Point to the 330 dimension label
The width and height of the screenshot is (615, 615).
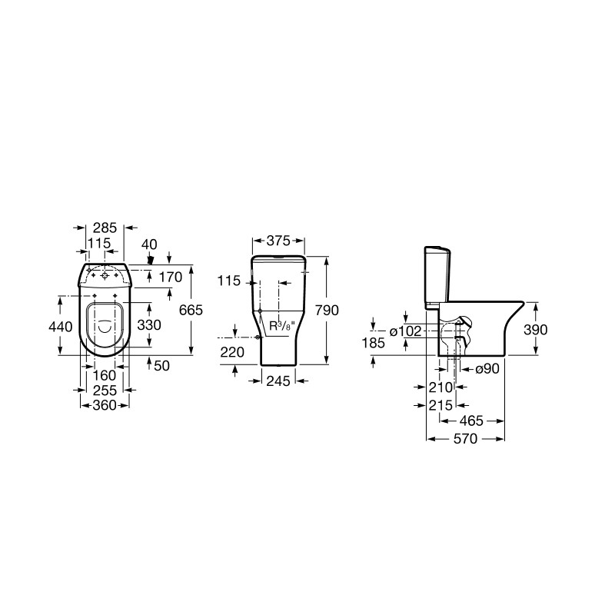pos(148,325)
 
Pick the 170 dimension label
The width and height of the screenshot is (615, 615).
pos(169,276)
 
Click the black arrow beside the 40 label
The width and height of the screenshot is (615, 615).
pos(151,260)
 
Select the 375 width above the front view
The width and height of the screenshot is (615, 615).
pos(279,239)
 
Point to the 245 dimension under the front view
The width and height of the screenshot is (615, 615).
pos(279,380)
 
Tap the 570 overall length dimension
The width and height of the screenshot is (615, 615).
pos(464,439)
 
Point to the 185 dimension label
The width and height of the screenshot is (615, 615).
pos(373,343)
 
